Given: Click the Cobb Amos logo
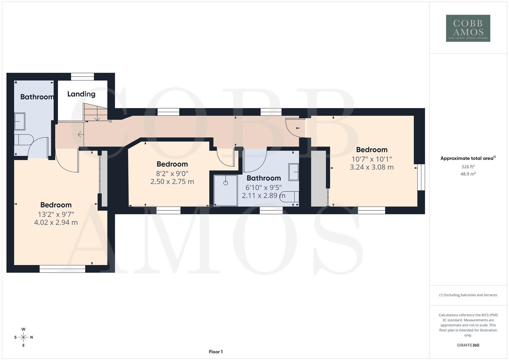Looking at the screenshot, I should tap(468, 28).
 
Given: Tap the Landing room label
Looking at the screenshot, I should tap(81, 94).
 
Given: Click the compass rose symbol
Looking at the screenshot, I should tap(23, 337).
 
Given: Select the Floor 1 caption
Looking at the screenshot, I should tap(216, 352).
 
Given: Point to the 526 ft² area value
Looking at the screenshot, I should tap(468, 166).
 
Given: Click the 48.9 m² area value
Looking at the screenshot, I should tap(468, 174).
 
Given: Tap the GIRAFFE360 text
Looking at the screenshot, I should tap(468, 345).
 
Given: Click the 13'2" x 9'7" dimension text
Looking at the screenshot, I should tap(56, 214).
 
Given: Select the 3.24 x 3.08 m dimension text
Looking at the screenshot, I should tap(371, 167).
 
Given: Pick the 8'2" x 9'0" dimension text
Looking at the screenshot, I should tap(172, 173).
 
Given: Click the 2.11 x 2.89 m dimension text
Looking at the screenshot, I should tap(263, 196).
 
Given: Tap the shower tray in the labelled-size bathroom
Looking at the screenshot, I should tap(226, 190).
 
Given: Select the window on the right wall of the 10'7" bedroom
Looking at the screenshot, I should tap(421, 177).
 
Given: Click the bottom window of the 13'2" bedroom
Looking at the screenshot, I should tap(62, 269).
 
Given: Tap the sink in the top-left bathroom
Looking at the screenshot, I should tap(20, 122).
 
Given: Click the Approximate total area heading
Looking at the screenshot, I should tap(468, 158).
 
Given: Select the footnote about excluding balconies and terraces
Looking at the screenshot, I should tap(468, 295).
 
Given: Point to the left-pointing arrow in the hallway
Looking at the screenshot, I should tap(80, 135).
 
